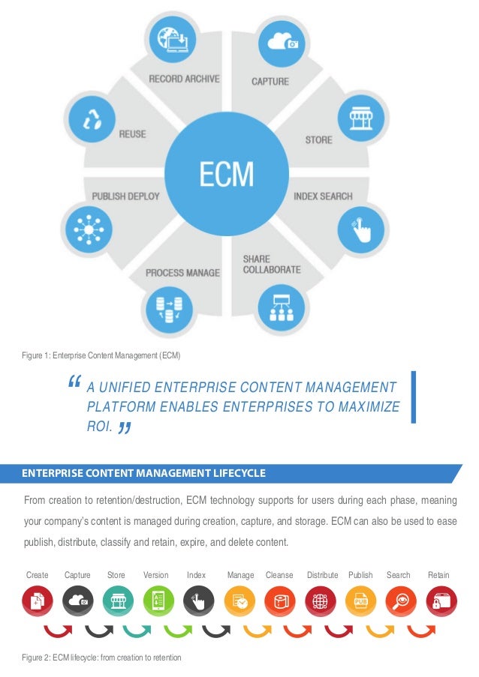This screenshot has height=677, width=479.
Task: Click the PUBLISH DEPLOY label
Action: [125, 196]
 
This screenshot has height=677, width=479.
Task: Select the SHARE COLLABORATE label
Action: [271, 264]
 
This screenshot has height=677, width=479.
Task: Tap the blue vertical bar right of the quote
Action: [413, 398]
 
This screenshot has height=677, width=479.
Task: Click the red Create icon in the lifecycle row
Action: [37, 601]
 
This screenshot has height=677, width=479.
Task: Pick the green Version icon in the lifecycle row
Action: [158, 601]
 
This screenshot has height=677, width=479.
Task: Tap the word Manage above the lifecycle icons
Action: [240, 575]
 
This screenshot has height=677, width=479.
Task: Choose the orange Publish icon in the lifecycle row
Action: [360, 601]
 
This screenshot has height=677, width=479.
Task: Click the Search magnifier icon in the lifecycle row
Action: [401, 601]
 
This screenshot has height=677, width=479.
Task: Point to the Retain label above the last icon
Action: [438, 575]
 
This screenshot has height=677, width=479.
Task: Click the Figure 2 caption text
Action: [101, 658]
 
